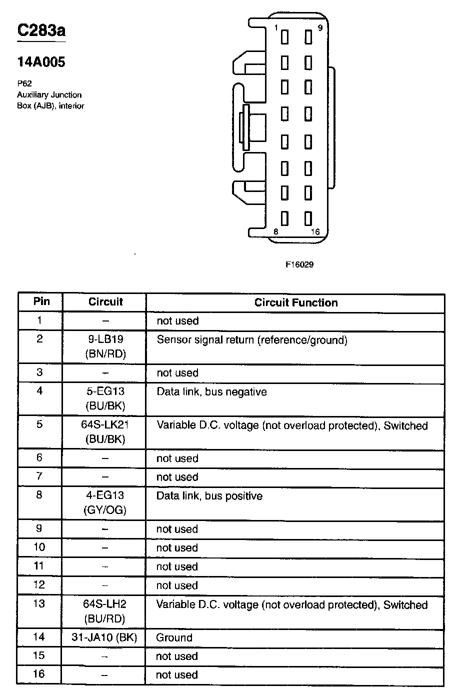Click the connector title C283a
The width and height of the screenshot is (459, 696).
point(41,30)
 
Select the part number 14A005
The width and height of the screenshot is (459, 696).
point(41,62)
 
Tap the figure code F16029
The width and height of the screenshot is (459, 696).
point(299,264)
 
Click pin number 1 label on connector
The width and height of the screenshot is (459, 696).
point(276,28)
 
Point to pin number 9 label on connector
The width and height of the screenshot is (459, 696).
point(320,28)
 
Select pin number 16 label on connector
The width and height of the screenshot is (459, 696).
point(315,231)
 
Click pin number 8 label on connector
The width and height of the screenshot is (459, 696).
point(275,231)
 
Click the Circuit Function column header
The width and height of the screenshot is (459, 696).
point(296,302)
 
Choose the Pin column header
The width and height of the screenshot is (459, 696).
point(41,301)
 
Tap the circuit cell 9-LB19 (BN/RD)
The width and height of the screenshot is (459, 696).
point(105,347)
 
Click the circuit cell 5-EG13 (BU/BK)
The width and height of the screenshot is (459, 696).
point(105,398)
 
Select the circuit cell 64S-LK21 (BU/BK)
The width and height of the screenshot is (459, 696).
point(105,432)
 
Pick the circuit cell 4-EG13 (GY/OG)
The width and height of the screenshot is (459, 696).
point(105,502)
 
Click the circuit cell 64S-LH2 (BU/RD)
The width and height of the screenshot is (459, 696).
point(105,611)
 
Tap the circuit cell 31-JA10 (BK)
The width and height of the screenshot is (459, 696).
point(105,637)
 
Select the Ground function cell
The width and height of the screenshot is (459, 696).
point(174,637)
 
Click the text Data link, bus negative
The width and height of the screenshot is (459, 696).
point(211,392)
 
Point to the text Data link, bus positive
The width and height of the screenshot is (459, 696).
point(209,496)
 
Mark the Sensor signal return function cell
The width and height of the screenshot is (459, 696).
point(252,340)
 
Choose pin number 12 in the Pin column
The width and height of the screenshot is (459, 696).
point(39,585)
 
